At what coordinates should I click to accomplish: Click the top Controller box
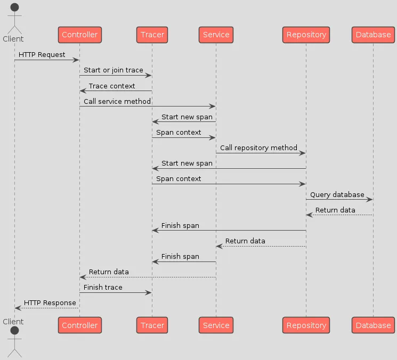(79, 35)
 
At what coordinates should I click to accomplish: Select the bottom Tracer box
(152, 325)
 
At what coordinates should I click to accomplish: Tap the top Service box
(216, 35)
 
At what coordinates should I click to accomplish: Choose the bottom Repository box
(306, 325)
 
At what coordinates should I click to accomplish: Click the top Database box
(373, 35)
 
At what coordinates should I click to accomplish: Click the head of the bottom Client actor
(14, 332)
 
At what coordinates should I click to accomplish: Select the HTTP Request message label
(42, 54)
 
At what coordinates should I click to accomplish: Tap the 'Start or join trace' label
(113, 70)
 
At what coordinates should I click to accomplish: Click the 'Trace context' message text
(112, 86)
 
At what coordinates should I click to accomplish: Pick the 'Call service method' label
(117, 101)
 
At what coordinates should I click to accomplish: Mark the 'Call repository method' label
(258, 148)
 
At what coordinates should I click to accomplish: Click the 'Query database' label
(337, 194)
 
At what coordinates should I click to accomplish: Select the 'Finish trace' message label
(103, 287)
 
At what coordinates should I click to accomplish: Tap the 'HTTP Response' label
(50, 302)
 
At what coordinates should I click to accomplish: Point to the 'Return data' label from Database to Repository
(335, 210)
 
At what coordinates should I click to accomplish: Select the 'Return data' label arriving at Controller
(109, 272)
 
